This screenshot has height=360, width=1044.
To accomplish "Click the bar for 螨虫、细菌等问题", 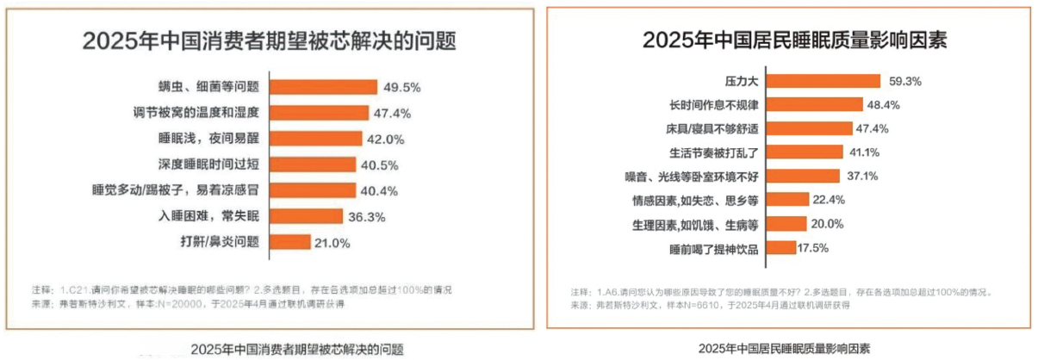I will click(x=324, y=86).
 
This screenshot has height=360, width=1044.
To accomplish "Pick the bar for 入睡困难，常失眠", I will click(x=308, y=216).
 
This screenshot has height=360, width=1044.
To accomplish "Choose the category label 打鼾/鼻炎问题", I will click(x=220, y=242).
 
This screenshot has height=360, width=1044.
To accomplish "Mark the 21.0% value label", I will click(x=332, y=243).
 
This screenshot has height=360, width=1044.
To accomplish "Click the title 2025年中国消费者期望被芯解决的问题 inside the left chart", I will click(x=269, y=41).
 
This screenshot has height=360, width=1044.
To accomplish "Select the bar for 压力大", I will click(x=823, y=81).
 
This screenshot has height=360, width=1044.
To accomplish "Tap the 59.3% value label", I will click(x=904, y=82).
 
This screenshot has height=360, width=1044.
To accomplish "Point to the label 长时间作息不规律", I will click(x=715, y=105).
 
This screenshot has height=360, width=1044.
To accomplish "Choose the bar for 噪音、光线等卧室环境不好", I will click(x=803, y=176).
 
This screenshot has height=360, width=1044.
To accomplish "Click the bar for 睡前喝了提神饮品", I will click(x=781, y=247).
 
